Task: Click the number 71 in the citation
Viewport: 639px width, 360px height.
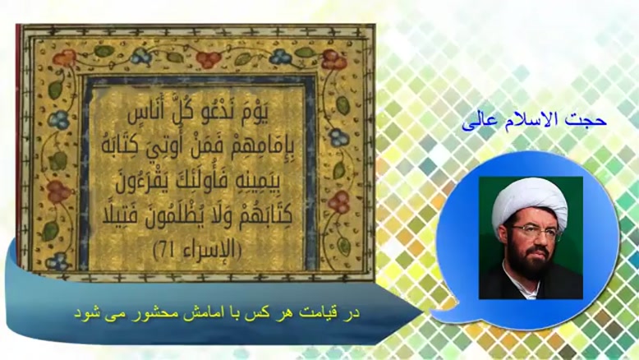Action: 167,250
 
